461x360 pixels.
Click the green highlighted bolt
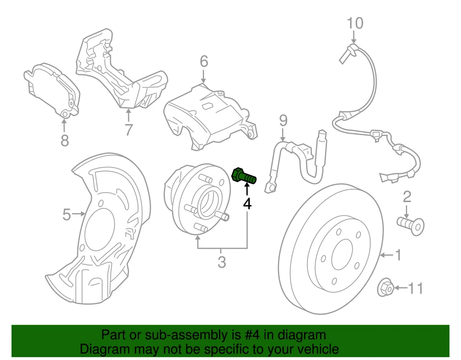[243, 176]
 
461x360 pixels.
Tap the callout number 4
[248, 203]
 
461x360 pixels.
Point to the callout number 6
[204, 61]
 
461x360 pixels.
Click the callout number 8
[65, 140]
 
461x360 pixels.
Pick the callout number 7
[129, 130]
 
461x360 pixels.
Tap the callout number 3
[222, 262]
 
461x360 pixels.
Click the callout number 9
[283, 121]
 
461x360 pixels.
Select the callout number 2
[407, 197]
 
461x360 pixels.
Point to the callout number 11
[415, 289]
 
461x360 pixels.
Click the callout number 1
[397, 254]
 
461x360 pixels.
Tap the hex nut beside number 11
[385, 288]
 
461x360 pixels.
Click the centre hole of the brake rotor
[342, 255]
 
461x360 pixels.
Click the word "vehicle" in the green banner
[317, 349]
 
